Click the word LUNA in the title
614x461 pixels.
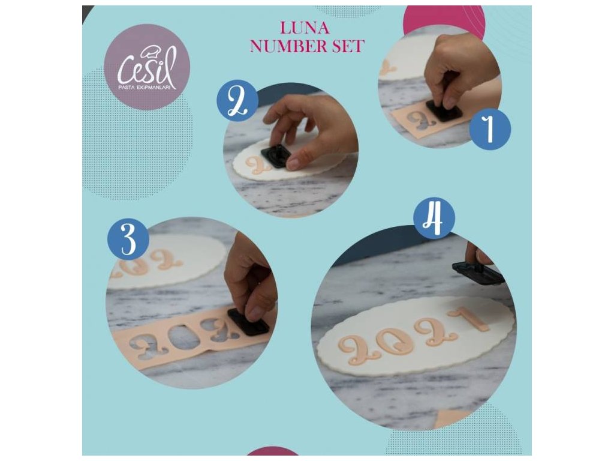pos(304,28)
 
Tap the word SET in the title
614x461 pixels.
pos(348,46)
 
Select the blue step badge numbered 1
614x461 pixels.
pos(490,129)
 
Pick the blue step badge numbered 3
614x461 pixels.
pos(128,239)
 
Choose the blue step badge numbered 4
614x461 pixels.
pos(434,217)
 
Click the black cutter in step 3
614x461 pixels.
pos(248,322)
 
